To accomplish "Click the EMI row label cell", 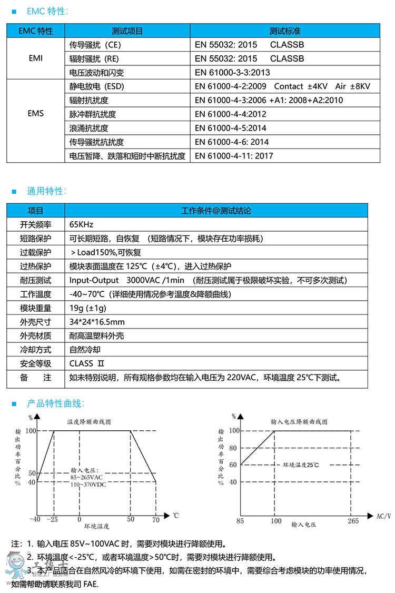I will point(36,58).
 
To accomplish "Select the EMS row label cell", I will point(36,114).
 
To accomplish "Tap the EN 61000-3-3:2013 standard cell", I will point(232,73).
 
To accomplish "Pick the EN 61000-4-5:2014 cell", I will point(231,128).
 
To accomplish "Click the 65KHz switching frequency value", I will point(81,225).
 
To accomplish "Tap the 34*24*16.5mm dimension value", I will point(97,322).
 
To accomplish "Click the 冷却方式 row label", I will point(36,350).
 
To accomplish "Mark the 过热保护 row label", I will point(36,266).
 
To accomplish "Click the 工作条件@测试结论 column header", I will point(216,211).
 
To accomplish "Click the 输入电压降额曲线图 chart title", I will point(299,422).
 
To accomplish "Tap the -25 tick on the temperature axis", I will point(53,520).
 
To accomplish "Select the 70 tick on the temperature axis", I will point(156,520).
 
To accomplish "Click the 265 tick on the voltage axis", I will point(353,521).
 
